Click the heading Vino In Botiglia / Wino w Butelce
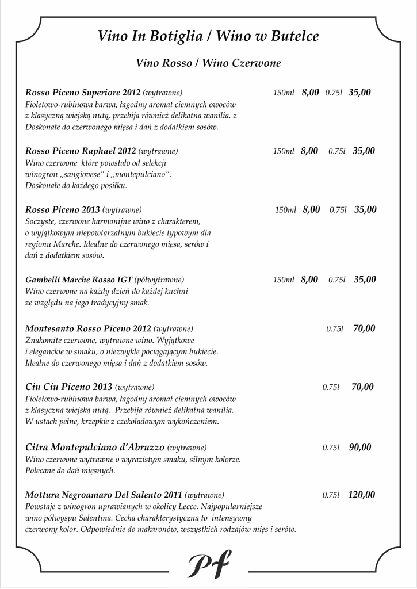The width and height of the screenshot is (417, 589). tap(208, 37)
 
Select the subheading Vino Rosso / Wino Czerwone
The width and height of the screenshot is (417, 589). tap(208, 63)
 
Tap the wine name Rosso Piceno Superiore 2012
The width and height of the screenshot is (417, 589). tap(83, 93)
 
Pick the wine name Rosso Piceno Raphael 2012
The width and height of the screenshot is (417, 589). tap(81, 151)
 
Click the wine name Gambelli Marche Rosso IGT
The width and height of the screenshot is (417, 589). tap(79, 280)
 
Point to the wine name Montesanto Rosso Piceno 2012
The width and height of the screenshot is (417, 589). tap(88, 329)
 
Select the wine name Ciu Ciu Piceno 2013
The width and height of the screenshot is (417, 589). tap(68, 387)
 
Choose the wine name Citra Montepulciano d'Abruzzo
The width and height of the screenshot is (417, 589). tap(95, 448)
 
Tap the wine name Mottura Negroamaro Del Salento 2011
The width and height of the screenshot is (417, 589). tap(104, 495)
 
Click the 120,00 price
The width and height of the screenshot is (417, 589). tap(361, 495)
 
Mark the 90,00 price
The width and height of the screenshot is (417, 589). tap(360, 448)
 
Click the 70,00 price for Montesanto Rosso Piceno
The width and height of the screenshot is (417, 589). tap(364, 329)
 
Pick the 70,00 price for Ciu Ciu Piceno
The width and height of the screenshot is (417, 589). tap(362, 387)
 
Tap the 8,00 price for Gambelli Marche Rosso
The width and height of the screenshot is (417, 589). tap(309, 280)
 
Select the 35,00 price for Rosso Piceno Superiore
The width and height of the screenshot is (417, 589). tap(359, 92)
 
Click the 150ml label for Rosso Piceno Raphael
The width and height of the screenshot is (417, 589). tap(284, 151)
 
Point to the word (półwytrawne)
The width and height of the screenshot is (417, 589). tap(159, 280)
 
